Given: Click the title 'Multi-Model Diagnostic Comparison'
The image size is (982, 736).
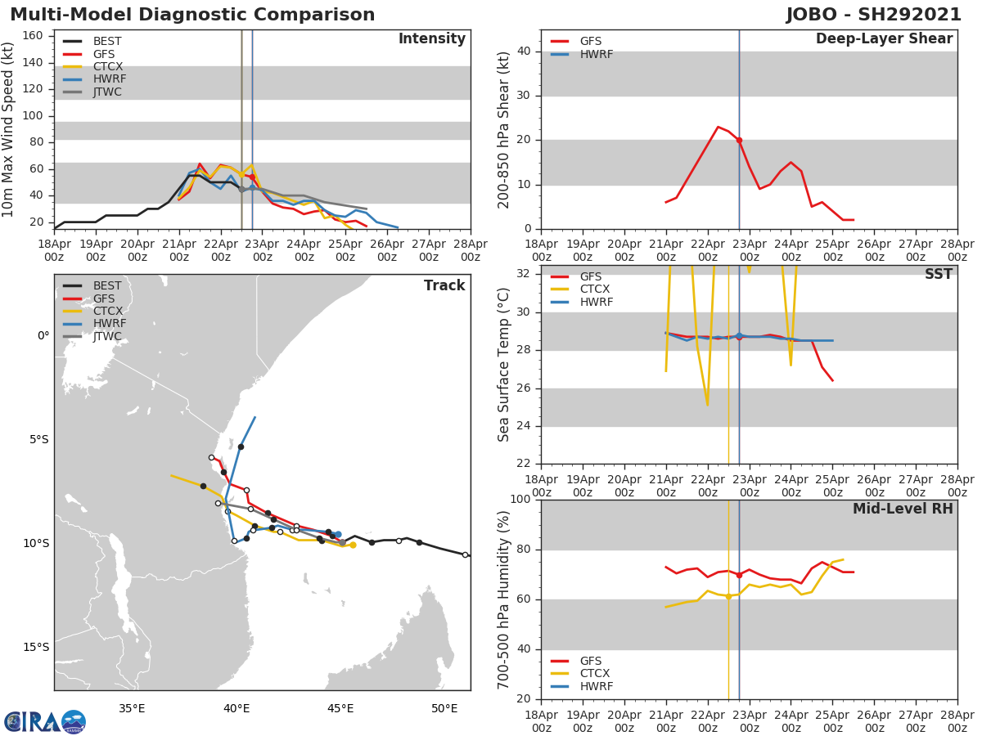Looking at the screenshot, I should point(192,15).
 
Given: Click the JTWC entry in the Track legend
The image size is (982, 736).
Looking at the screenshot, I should point(107,336).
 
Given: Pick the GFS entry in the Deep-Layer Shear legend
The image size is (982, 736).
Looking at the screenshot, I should point(591,42).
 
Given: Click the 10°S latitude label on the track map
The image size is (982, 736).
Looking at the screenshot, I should point(35,543).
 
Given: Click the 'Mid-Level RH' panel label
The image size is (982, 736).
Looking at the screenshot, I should point(903,509).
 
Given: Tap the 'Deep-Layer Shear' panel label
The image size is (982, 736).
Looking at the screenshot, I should point(884,38).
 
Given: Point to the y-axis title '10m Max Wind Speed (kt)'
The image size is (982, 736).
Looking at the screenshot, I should point(9,129).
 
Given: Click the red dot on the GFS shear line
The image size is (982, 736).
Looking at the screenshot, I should point(739,140).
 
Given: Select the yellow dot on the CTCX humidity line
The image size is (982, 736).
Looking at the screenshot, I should point(728,596).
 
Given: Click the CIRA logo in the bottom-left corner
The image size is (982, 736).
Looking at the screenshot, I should point(45,721).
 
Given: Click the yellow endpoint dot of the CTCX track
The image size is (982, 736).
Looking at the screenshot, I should point(353,545).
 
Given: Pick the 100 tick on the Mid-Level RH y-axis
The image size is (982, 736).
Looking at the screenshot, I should point(520,499).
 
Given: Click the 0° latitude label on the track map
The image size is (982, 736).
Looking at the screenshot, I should point(43,335).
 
